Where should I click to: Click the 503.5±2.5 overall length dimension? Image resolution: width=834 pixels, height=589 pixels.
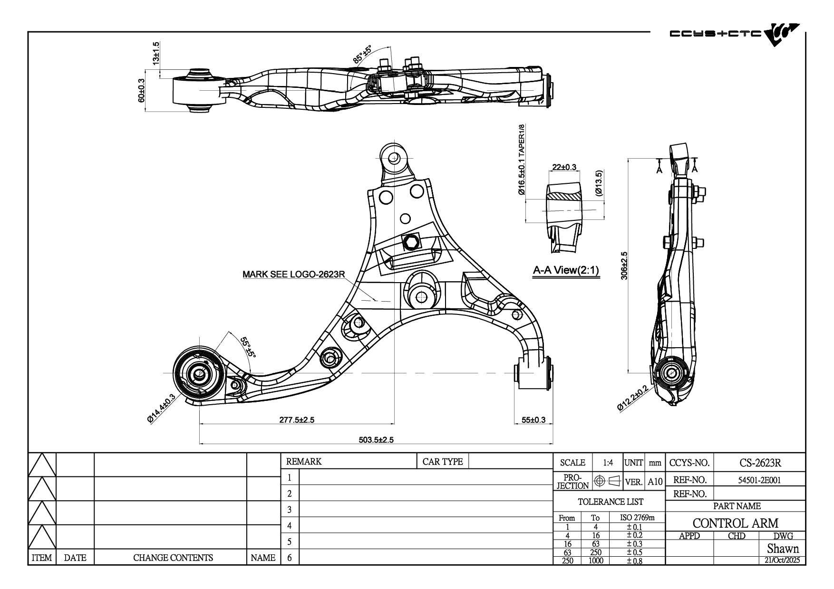[376, 440]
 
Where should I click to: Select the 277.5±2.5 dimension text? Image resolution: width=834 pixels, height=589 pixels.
[296, 419]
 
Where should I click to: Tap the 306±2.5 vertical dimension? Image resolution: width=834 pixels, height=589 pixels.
[624, 266]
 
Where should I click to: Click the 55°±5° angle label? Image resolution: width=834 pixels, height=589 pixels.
[248, 348]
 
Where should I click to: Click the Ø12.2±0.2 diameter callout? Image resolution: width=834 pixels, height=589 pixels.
[632, 398]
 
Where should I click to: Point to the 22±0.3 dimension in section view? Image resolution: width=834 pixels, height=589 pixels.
[564, 167]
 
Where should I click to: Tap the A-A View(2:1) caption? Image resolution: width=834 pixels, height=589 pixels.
[566, 271]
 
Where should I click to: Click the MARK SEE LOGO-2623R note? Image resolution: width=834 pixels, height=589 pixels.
[293, 274]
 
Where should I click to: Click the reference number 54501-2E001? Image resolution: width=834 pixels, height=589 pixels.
[759, 480]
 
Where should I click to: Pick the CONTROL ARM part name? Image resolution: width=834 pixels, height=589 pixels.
[735, 523]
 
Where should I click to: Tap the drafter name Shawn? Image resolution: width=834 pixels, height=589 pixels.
[783, 549]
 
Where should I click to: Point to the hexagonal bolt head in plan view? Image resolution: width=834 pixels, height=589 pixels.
[411, 243]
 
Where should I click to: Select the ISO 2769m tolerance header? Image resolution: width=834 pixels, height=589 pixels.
[638, 517]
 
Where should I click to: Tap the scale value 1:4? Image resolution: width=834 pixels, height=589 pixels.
[608, 463]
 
